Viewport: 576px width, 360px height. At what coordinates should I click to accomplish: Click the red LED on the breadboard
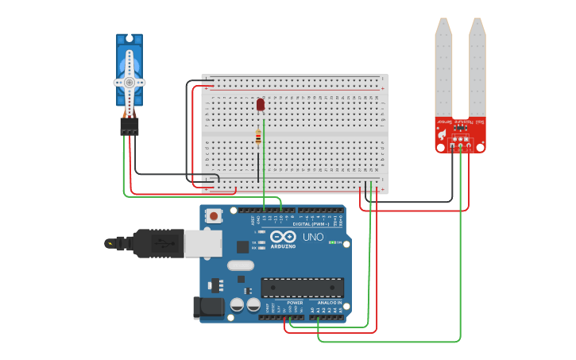260,104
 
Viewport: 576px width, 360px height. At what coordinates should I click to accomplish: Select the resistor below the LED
258,137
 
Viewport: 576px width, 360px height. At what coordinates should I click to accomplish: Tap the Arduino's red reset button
213,215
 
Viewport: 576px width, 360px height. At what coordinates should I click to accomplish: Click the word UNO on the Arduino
312,237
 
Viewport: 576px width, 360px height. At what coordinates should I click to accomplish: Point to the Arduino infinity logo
283,237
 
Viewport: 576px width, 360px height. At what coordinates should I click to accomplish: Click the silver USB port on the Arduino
203,243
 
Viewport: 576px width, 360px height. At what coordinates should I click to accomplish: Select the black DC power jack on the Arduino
206,308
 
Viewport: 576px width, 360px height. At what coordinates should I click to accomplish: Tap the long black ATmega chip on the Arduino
302,288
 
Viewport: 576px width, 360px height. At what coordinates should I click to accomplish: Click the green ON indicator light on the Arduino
338,242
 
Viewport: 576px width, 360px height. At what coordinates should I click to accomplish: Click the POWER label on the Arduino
295,303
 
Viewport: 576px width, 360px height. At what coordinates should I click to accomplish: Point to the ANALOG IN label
330,303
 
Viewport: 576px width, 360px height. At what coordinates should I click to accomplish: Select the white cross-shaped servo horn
129,82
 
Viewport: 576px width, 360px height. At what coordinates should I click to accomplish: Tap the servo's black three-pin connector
129,126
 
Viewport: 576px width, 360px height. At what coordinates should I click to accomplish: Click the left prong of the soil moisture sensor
443,68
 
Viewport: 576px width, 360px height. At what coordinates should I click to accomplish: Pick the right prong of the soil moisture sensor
477,68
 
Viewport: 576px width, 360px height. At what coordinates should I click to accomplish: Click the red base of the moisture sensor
460,134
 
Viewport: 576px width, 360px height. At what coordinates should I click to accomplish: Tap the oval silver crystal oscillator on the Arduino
240,266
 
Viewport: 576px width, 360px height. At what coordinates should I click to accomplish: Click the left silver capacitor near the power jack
237,304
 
